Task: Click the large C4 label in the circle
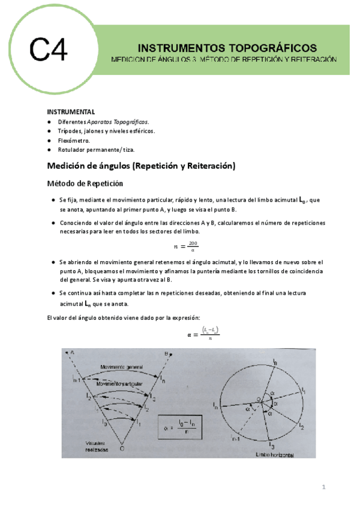tap(49, 50)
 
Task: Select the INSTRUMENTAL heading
tap(71, 112)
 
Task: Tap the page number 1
tap(323, 487)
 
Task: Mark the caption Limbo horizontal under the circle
tap(273, 456)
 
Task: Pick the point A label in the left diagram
tap(71, 353)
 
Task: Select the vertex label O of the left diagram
tap(122, 448)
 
